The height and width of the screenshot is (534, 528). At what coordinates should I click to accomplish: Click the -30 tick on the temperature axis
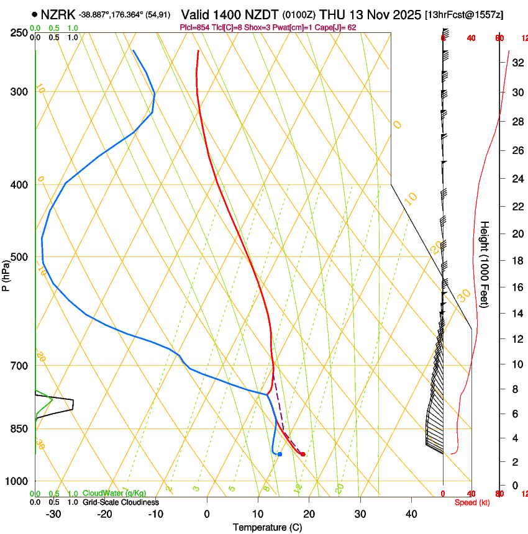pyautogui.click(x=53, y=514)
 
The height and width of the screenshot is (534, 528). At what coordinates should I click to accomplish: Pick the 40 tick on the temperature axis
pyautogui.click(x=411, y=514)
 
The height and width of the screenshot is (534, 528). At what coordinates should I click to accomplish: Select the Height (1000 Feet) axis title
pyautogui.click(x=485, y=264)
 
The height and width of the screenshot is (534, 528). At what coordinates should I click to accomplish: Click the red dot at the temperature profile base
pyautogui.click(x=303, y=455)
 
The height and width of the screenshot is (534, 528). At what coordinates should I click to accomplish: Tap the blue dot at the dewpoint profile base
pyautogui.click(x=280, y=455)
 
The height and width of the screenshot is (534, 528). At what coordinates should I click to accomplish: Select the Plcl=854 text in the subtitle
pyautogui.click(x=193, y=27)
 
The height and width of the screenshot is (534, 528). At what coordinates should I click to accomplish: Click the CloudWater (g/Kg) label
pyautogui.click(x=114, y=494)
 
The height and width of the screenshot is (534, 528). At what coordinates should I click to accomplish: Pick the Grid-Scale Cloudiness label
pyautogui.click(x=121, y=502)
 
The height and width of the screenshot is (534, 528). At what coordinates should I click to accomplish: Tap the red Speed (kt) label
pyautogui.click(x=471, y=502)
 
